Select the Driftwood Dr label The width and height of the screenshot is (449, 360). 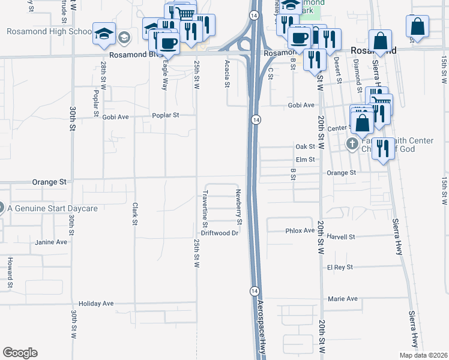point(220,233)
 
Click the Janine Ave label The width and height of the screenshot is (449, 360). point(52,242)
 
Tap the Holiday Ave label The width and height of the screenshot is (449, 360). point(96,304)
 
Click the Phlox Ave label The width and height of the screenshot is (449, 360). point(300,230)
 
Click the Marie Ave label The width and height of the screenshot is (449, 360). point(342,298)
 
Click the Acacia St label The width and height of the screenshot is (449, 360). point(227,74)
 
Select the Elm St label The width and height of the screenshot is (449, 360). point(306,160)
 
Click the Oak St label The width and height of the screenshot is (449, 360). point(306,146)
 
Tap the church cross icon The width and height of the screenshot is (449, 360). point(352,144)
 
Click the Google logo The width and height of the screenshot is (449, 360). point(20,353)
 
